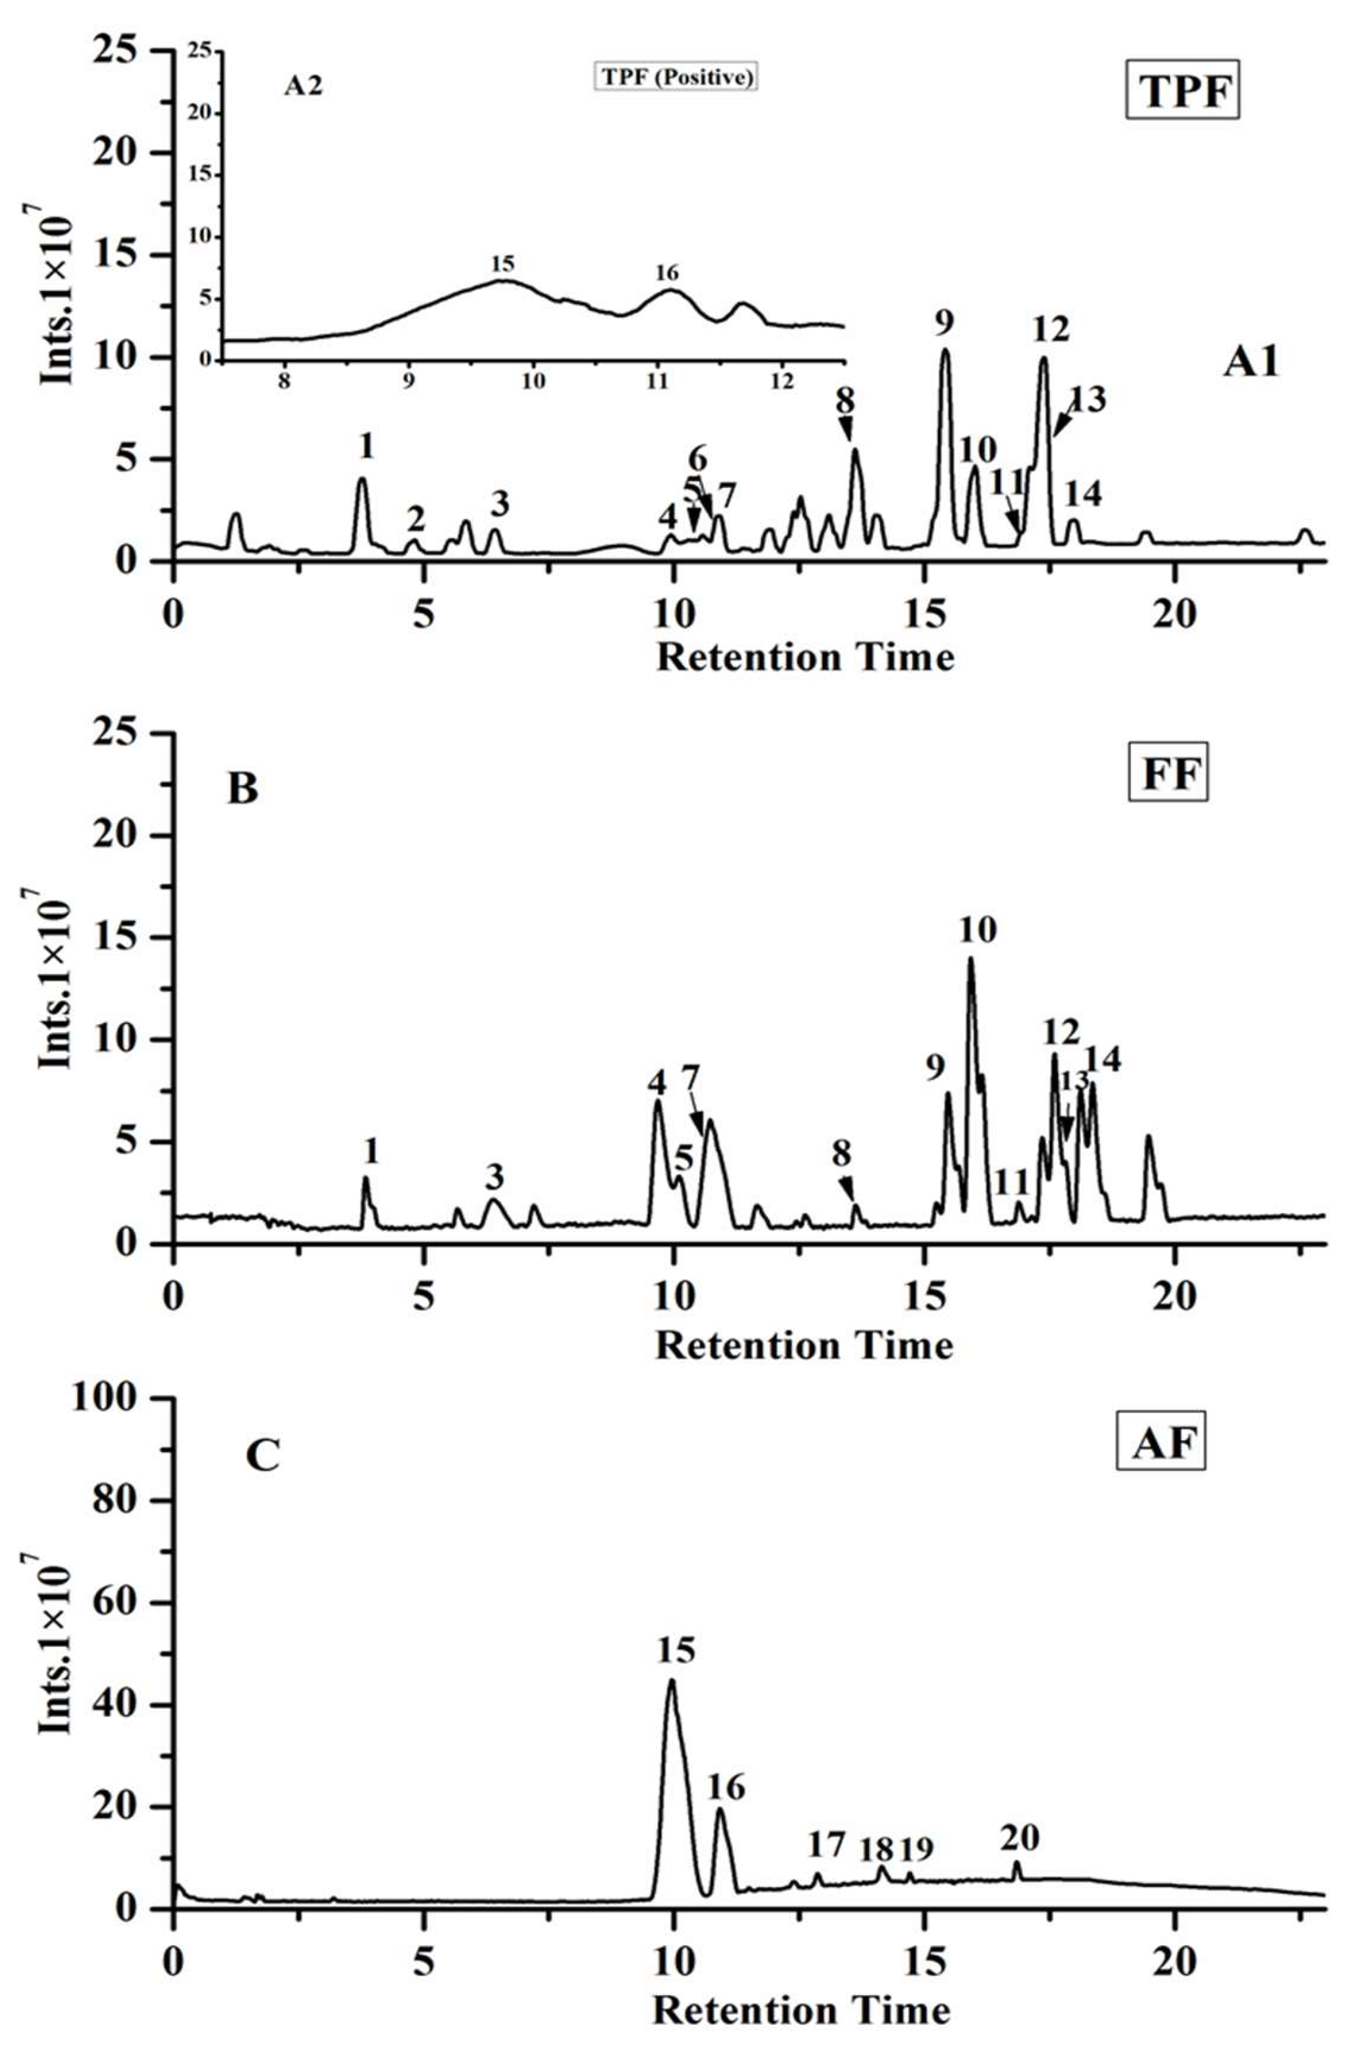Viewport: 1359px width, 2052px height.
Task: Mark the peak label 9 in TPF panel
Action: tap(945, 322)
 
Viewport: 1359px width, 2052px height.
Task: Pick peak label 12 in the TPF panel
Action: tap(1051, 329)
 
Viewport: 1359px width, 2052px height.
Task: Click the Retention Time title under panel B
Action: tap(804, 1345)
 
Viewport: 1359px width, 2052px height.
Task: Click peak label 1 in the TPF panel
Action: tap(367, 446)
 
